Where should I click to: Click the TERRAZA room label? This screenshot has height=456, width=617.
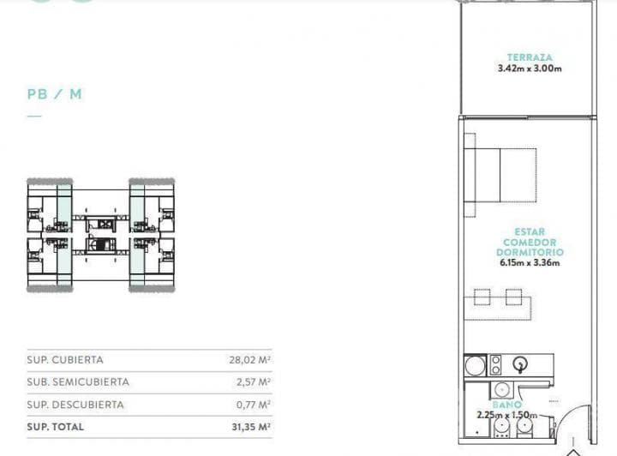point(530,57)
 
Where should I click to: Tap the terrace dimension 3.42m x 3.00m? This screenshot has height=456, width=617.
point(530,69)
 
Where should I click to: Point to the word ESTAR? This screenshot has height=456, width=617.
point(530,232)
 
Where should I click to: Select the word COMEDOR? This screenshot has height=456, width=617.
point(530,243)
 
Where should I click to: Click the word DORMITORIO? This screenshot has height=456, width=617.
point(530,252)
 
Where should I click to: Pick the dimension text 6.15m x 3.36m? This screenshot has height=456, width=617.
point(530,262)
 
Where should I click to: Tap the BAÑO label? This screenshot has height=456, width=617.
point(507,405)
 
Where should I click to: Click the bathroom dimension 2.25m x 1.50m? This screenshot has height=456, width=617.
point(507,415)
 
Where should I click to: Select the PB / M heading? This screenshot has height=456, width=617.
point(55,94)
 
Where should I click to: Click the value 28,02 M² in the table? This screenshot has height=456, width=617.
point(249,360)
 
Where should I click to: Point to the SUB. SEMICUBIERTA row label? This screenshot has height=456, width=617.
point(78,381)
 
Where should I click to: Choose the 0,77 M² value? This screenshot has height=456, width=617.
point(253,405)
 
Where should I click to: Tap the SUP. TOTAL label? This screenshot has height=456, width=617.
point(56,427)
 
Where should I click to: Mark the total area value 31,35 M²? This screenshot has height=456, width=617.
point(251,427)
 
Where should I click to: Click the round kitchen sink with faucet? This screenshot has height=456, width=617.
point(520,365)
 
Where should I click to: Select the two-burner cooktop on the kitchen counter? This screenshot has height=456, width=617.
point(496,365)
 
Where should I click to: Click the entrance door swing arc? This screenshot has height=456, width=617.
point(563,415)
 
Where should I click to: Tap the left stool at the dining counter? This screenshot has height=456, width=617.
point(482,297)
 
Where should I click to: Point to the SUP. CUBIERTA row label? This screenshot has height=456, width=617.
point(65,360)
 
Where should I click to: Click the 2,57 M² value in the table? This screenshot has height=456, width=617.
point(253,381)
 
